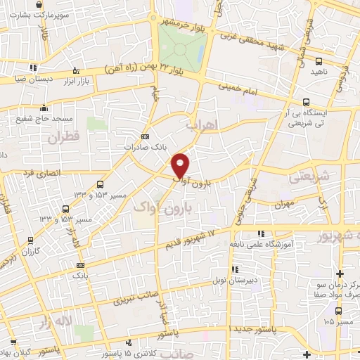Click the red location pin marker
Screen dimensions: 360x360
click(x=181, y=165)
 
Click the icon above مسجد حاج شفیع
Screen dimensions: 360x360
click(x=45, y=108)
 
